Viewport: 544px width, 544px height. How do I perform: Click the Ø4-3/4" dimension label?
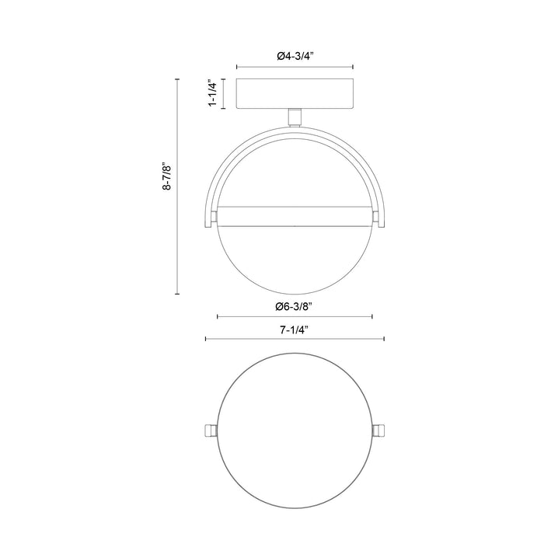(295, 56)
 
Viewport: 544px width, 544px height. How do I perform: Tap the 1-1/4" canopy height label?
(211, 93)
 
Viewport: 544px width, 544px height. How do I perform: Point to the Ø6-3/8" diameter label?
(295, 305)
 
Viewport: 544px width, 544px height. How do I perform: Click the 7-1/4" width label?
(295, 329)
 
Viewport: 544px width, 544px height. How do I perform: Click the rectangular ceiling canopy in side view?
(295, 93)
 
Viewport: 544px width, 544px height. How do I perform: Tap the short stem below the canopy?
(295, 116)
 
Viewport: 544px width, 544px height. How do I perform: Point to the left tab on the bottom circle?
(207, 431)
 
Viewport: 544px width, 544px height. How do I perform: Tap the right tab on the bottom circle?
(381, 431)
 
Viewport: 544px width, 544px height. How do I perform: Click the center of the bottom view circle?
(295, 431)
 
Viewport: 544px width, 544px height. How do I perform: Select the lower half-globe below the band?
(295, 260)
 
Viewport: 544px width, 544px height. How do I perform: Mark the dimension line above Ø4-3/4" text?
(295, 67)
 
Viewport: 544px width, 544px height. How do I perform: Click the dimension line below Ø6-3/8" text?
(295, 316)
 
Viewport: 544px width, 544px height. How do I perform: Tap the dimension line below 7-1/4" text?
(295, 340)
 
